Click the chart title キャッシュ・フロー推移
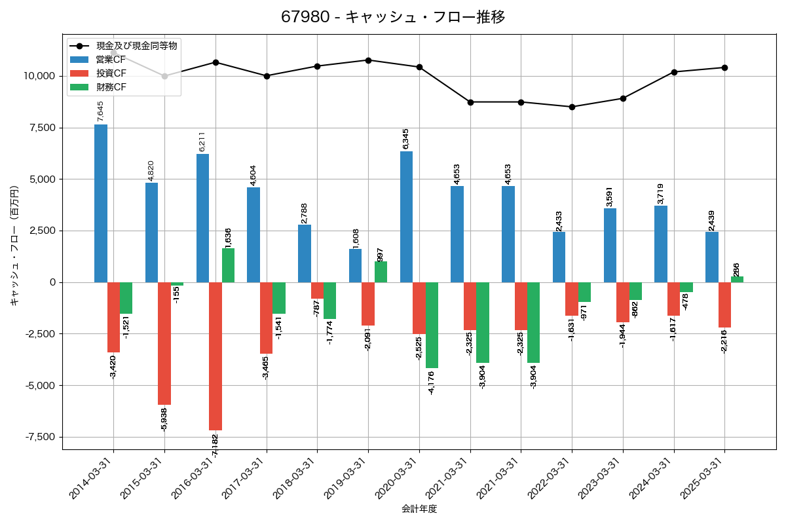coord(393,17)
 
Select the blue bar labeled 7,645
coord(101,203)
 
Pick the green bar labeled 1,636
coord(228,265)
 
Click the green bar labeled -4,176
coord(432,325)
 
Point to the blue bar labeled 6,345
coord(406,217)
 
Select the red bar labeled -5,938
coord(164,343)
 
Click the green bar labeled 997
coord(381,272)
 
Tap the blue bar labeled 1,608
coord(355,265)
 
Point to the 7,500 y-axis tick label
coord(40,128)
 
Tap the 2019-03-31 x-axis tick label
coord(347,478)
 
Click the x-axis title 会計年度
coord(419,509)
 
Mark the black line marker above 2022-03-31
coord(572,107)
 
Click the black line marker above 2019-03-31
coord(368,60)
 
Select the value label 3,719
coord(662,195)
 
